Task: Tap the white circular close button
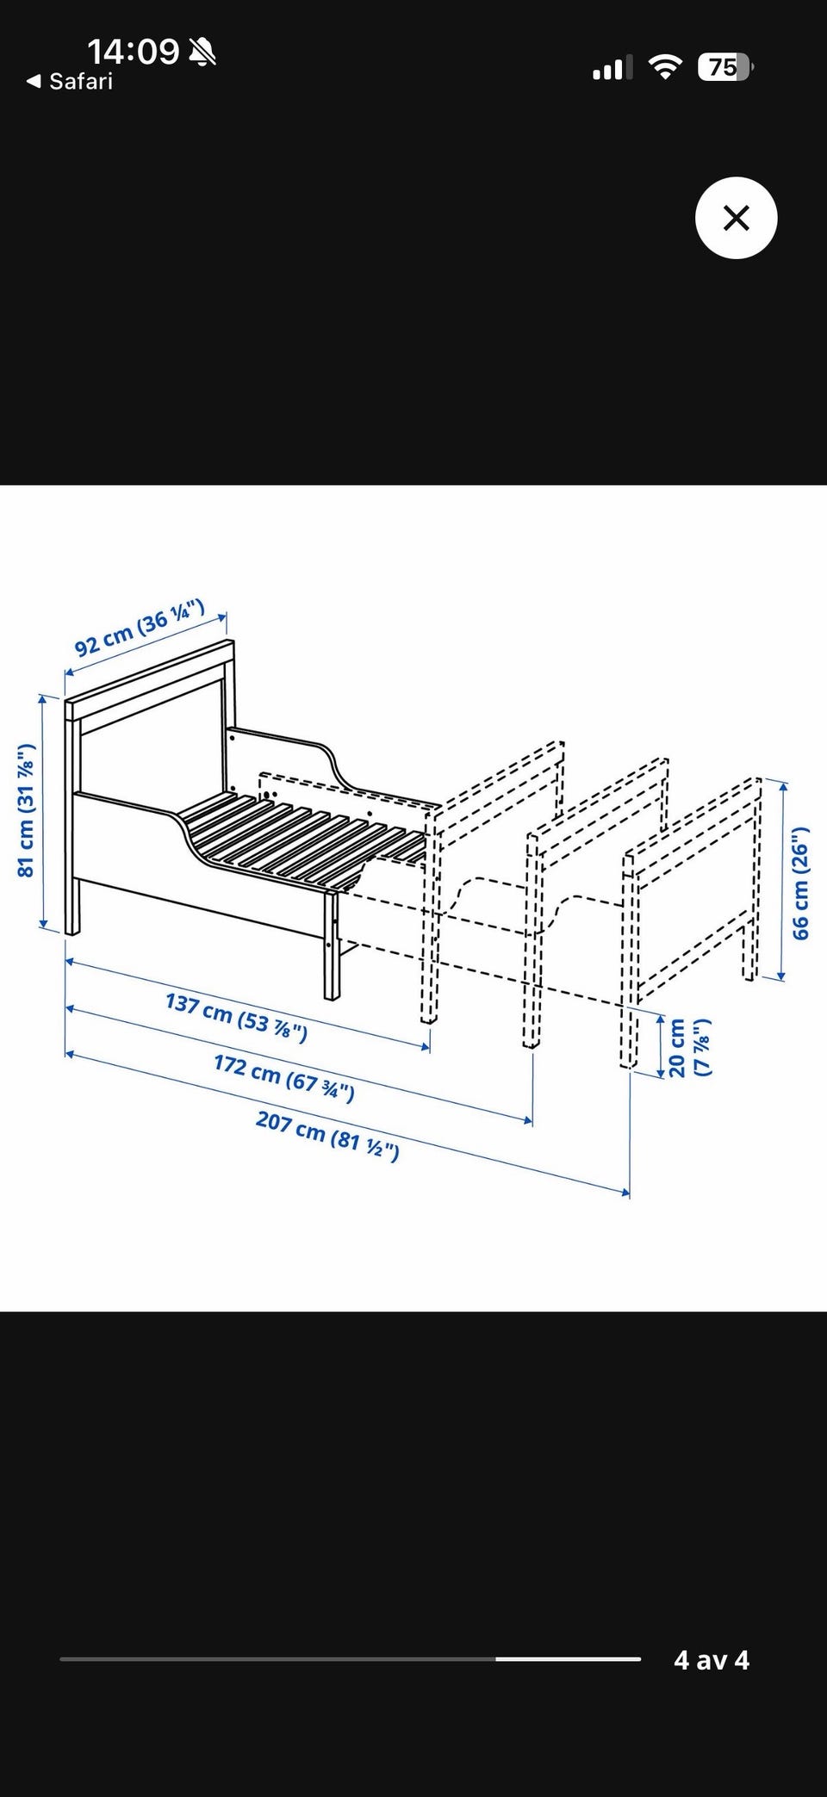pos(736,218)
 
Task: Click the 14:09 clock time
pos(134,52)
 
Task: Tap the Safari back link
pos(70,82)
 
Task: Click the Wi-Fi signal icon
pos(664,67)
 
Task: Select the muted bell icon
pos(202,53)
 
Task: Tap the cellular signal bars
pos(612,68)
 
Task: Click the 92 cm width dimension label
pos(140,628)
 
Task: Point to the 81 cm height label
pos(26,810)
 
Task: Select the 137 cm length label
pos(236,1017)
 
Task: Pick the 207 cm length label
pos(327,1135)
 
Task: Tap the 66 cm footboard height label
pos(800,883)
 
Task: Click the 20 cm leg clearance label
pos(690,1047)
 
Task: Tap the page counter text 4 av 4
pos(712,1659)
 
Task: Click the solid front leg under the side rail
pos(332,945)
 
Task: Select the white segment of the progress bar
pos(568,1658)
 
